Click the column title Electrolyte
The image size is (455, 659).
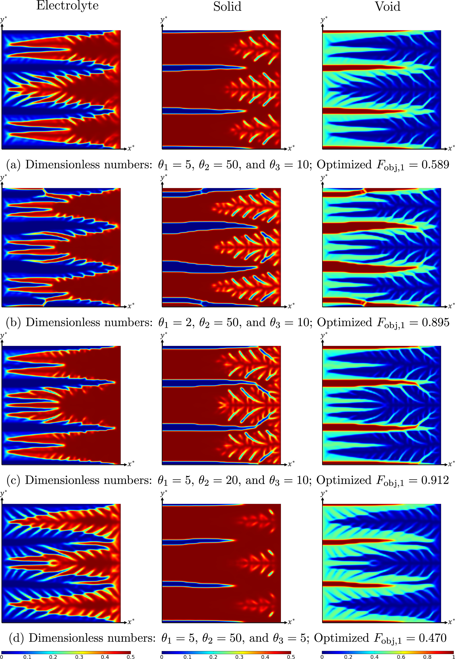67,6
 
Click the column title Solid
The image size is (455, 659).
227,6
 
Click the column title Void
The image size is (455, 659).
387,6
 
